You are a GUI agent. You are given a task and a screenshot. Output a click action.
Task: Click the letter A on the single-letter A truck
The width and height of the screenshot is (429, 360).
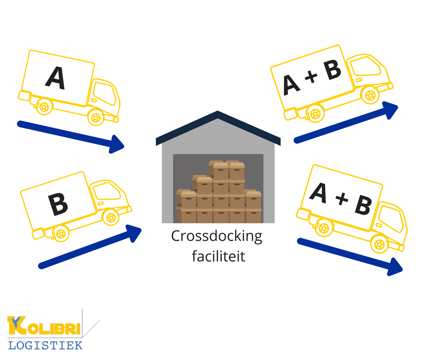[x=55, y=78]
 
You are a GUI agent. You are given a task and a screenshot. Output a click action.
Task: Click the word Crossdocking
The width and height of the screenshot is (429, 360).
[x=217, y=237]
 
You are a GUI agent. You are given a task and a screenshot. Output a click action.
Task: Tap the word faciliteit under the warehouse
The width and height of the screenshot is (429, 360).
[x=218, y=256]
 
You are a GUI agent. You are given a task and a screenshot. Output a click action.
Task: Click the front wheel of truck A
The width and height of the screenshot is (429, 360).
[x=95, y=118]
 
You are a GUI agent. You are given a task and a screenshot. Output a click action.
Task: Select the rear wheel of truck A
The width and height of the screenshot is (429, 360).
[x=44, y=107]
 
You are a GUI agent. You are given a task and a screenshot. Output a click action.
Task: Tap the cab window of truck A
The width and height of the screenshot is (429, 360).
[x=104, y=94]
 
